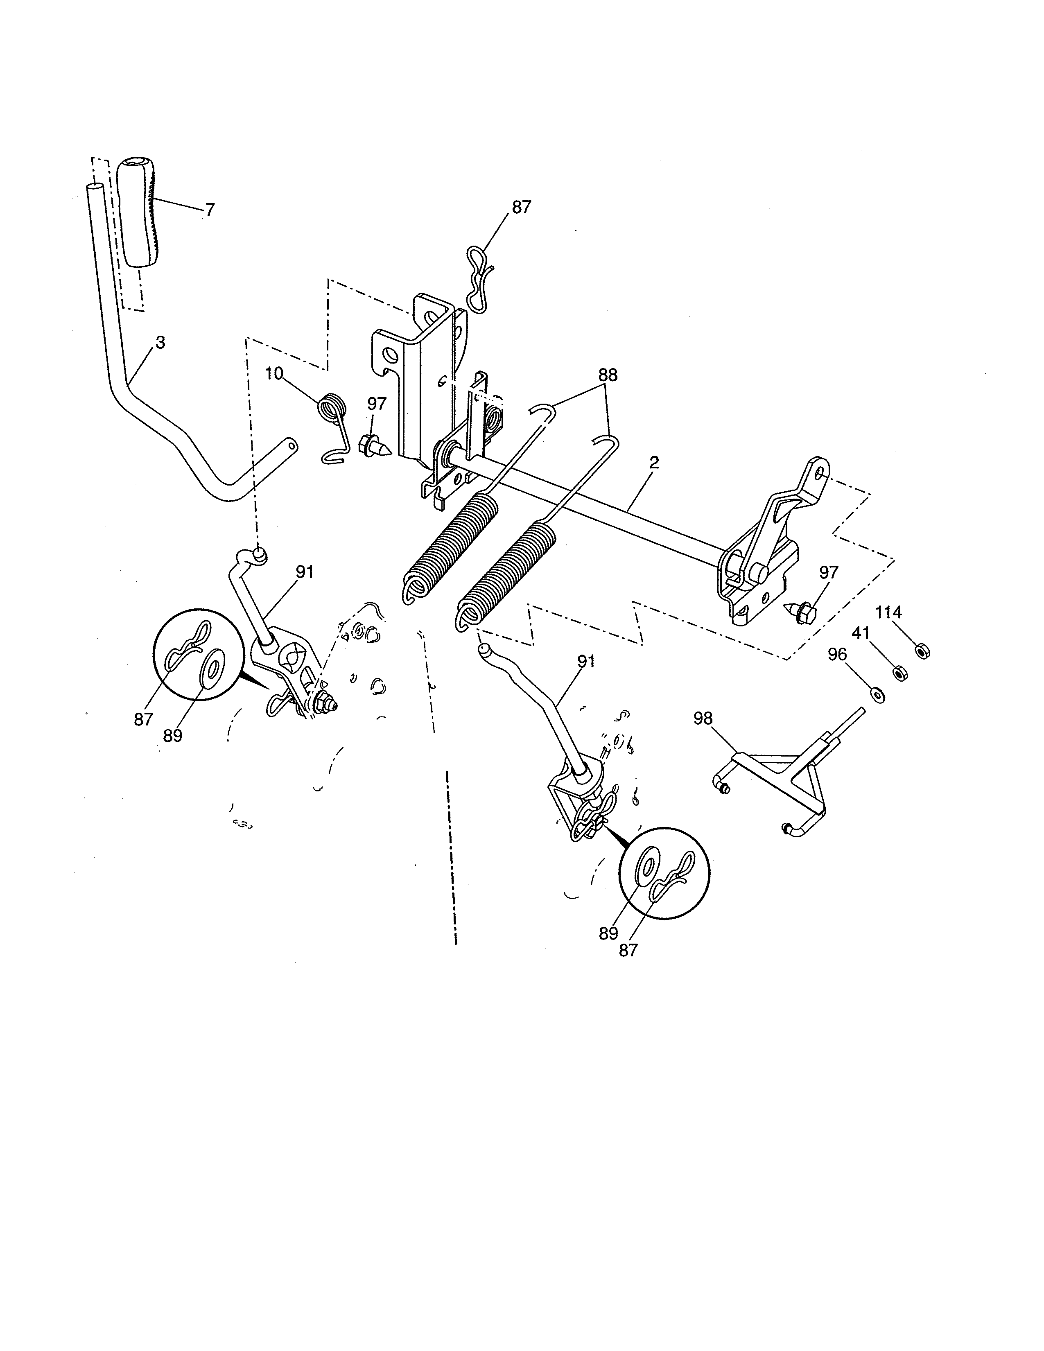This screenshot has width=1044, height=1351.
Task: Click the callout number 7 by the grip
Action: (x=210, y=210)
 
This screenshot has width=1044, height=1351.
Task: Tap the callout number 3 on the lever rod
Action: (x=160, y=343)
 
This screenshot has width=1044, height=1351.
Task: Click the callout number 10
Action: (x=274, y=374)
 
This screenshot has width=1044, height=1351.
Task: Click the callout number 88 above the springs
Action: (x=607, y=375)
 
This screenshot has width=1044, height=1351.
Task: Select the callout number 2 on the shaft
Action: (x=654, y=463)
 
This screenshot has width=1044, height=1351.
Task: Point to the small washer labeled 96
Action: (x=877, y=694)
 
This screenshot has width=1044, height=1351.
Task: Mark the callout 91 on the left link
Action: (x=304, y=572)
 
